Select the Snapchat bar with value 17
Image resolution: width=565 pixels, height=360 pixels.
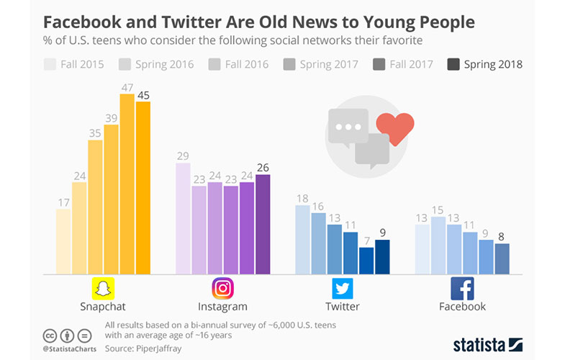click(63, 241)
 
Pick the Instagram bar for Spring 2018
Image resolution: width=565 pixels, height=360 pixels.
click(263, 224)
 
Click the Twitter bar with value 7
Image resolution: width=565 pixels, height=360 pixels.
click(366, 260)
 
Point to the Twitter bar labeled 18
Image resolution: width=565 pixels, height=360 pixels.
click(303, 239)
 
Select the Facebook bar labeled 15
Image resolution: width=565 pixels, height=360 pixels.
click(438, 245)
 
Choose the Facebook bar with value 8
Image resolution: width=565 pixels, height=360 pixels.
click(502, 258)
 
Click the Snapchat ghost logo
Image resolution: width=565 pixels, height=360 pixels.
click(104, 289)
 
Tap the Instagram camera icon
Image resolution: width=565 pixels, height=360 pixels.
click(223, 289)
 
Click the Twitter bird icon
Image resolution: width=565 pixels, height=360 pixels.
click(343, 289)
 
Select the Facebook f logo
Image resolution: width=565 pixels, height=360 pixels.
click(462, 289)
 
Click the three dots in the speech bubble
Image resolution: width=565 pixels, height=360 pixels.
click(348, 126)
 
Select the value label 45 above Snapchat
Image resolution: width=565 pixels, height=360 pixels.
click(143, 96)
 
